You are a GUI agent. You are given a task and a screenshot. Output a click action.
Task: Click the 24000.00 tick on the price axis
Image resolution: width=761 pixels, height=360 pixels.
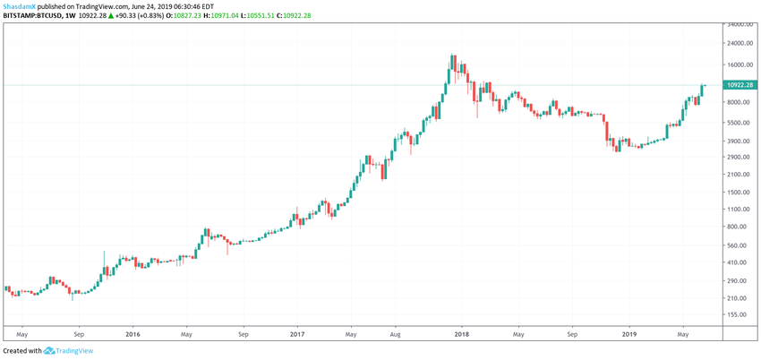pos(740,43)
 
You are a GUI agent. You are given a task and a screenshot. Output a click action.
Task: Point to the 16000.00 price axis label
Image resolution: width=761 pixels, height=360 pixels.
pos(740,65)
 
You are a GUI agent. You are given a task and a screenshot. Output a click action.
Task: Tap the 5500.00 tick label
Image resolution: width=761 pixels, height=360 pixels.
pos(739,123)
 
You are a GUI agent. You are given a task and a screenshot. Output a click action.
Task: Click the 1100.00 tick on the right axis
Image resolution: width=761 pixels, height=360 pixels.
pos(739,209)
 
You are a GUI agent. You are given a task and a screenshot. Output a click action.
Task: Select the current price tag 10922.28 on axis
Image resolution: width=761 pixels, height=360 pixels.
pos(740,85)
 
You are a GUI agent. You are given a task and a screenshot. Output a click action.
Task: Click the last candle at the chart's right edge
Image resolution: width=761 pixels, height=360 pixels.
pos(704,88)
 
